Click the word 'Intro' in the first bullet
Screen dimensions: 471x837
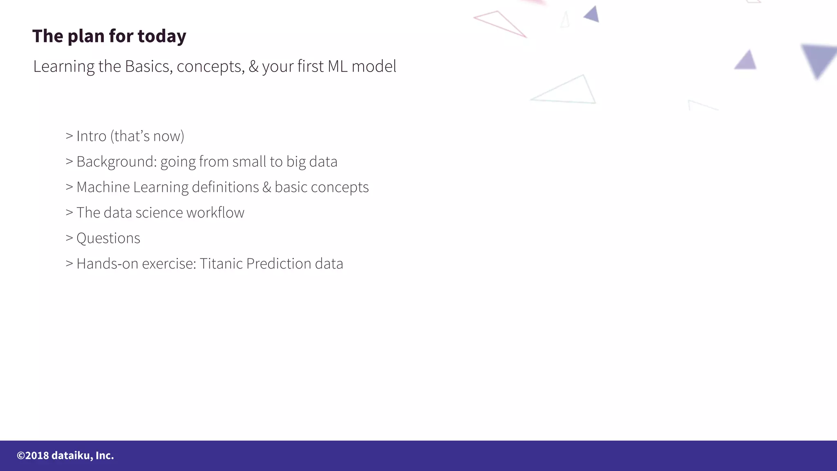[x=91, y=136]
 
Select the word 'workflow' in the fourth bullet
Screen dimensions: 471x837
[x=215, y=213]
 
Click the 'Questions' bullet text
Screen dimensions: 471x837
[x=108, y=238]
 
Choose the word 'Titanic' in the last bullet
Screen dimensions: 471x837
[x=221, y=264]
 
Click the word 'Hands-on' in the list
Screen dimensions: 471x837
[x=107, y=264]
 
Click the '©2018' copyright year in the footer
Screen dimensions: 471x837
[x=33, y=455]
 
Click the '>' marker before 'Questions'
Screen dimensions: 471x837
[x=69, y=238]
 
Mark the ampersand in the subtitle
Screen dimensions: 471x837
[x=253, y=66]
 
